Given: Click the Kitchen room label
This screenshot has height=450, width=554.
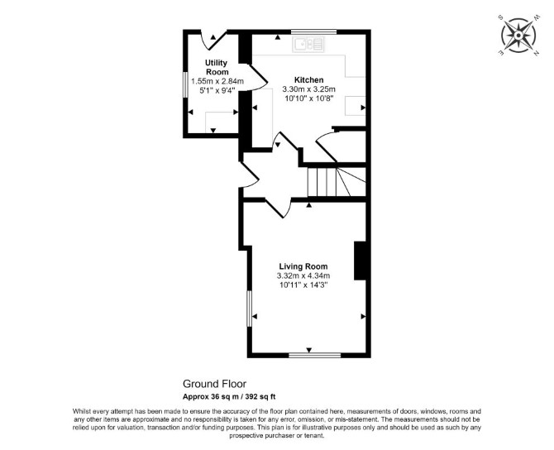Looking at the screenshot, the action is tap(308, 80).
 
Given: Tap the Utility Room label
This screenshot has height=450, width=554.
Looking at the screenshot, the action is tap(217, 67).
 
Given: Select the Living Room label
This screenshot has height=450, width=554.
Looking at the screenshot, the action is tap(303, 266).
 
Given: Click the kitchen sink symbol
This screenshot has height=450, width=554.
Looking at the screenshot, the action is tap(308, 45).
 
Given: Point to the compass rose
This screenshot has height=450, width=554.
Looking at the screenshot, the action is tap(518, 36).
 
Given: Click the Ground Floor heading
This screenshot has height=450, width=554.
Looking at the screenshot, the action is tap(214, 384).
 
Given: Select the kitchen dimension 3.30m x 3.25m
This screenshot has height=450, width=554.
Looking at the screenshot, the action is tap(308, 89).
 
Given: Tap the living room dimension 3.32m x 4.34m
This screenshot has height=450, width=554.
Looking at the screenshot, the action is tap(303, 275).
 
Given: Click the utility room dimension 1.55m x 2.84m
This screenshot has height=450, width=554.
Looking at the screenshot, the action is tap(217, 81).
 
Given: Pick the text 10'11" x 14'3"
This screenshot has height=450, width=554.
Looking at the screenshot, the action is tap(303, 285).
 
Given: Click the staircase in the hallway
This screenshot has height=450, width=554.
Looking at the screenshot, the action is tap(337, 182).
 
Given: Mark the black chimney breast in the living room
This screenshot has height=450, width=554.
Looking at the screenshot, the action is tap(360, 261).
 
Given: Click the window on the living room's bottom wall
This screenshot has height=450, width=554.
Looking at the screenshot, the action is tap(315, 355).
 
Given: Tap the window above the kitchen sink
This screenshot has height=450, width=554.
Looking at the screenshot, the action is tap(313, 31).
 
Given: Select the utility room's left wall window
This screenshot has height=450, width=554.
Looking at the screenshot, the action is tap(184, 84).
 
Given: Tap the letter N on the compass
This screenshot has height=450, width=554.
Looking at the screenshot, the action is tap(537, 54).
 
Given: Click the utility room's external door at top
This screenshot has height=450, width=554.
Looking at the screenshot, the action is tap(214, 40).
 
